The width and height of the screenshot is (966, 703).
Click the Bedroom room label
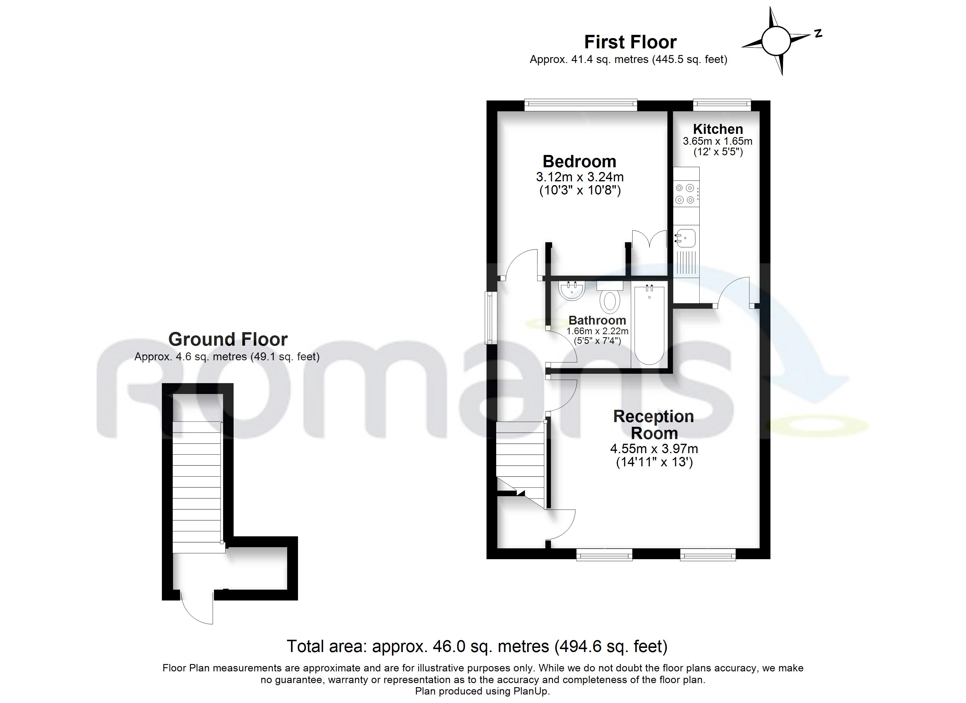pyautogui.click(x=579, y=162)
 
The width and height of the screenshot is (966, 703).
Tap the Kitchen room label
pyautogui.click(x=718, y=129)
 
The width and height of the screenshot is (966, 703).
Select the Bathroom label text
pyautogui.click(x=597, y=320)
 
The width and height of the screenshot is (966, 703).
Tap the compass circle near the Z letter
pyautogui.click(x=776, y=40)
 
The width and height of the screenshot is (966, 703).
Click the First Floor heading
pyautogui.click(x=630, y=42)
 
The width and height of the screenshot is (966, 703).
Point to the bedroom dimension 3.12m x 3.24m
pyautogui.click(x=580, y=177)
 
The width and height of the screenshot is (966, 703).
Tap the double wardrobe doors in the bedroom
pyautogui.click(x=649, y=239)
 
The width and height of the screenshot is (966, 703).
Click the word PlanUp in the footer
pyautogui.click(x=531, y=691)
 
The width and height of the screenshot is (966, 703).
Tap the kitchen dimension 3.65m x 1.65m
pyautogui.click(x=718, y=141)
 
